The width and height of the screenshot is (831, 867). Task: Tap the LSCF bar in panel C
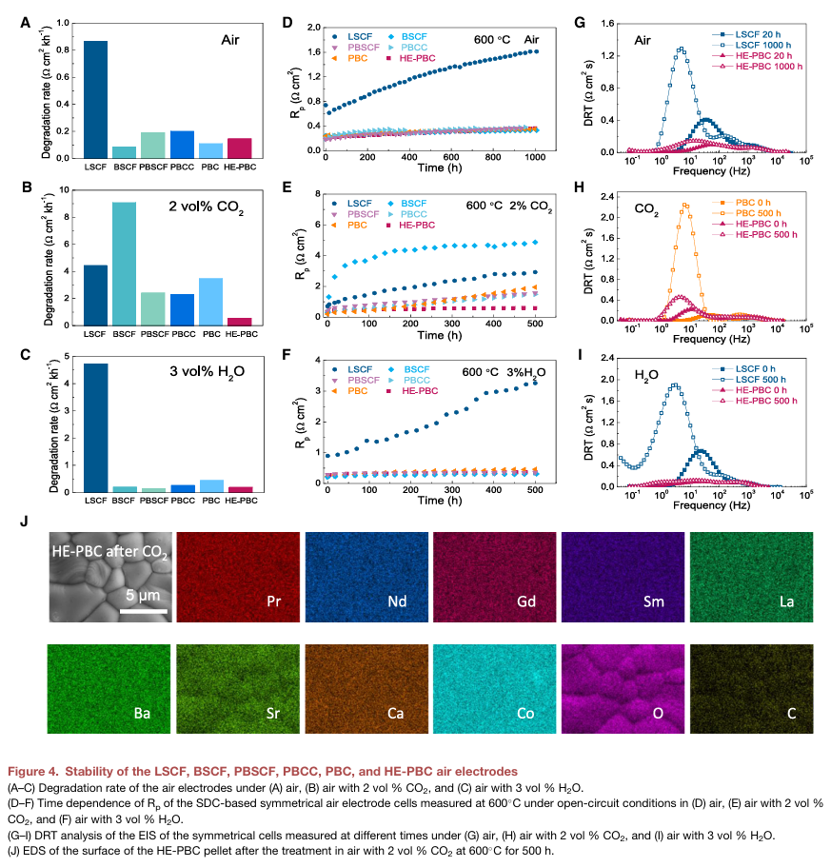95,427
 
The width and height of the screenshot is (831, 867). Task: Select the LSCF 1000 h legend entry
752,44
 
